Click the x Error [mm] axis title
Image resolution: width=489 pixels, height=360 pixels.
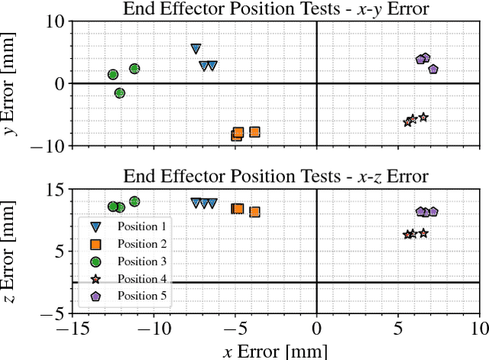[x=275, y=351]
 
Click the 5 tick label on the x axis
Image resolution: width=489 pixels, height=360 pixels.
[x=397, y=329]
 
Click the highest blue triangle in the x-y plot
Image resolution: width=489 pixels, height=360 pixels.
[x=196, y=49]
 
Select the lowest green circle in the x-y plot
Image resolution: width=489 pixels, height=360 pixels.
[x=119, y=92]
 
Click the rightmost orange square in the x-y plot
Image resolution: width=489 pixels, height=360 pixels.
[x=254, y=132]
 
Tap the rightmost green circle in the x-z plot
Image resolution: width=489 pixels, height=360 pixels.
[x=134, y=202]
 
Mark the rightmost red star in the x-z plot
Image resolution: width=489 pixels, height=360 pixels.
[x=423, y=233]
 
